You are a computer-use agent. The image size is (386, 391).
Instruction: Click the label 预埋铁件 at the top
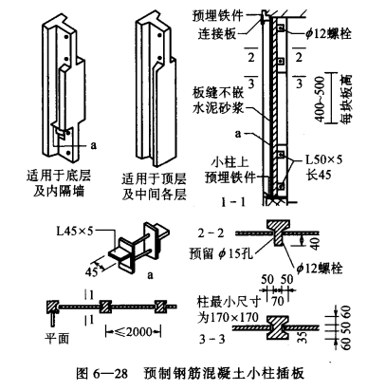point(218,15)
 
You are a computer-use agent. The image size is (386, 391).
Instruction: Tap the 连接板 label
point(217,33)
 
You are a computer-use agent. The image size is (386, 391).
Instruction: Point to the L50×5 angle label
point(323,159)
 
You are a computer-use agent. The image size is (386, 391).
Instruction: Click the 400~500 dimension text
point(320,100)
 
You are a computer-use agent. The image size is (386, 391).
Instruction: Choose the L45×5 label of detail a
point(75,232)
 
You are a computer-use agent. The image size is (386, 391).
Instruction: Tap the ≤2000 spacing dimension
point(133,332)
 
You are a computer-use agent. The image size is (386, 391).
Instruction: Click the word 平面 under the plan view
point(57,339)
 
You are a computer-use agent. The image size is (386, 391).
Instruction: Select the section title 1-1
point(233,202)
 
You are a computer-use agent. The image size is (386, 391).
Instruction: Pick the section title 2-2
point(211,233)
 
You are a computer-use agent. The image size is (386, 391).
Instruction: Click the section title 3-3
point(212,339)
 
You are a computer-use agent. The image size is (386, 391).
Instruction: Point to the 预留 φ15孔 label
point(221,253)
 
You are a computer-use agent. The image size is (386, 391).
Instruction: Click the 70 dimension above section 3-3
point(278,301)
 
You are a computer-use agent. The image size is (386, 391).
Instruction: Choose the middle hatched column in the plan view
point(105,307)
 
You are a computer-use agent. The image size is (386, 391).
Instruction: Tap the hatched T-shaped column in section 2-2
point(278,233)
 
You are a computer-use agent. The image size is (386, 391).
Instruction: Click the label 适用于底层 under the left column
point(59,175)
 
